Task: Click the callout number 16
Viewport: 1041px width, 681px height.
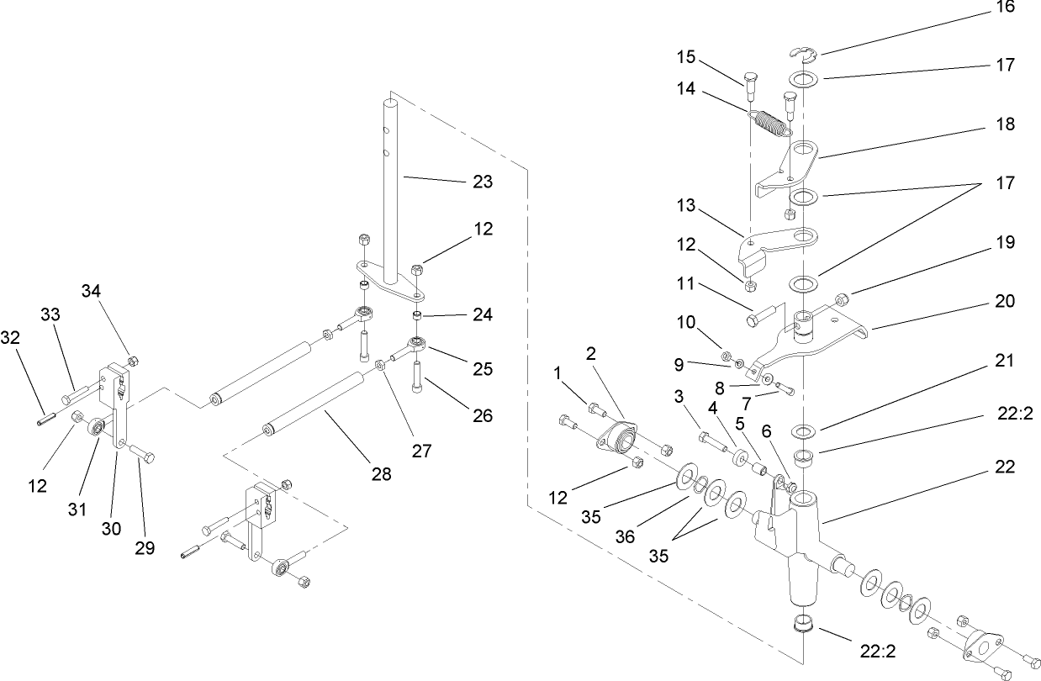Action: click(x=1004, y=8)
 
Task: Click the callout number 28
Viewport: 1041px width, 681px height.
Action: click(x=382, y=475)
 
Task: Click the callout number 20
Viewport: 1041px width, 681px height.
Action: click(x=1004, y=301)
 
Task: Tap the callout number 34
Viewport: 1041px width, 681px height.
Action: click(x=91, y=291)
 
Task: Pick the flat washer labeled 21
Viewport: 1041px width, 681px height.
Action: click(x=805, y=432)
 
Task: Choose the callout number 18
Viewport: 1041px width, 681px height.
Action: click(x=1004, y=124)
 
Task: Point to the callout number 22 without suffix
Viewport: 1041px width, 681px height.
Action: click(x=1004, y=467)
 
